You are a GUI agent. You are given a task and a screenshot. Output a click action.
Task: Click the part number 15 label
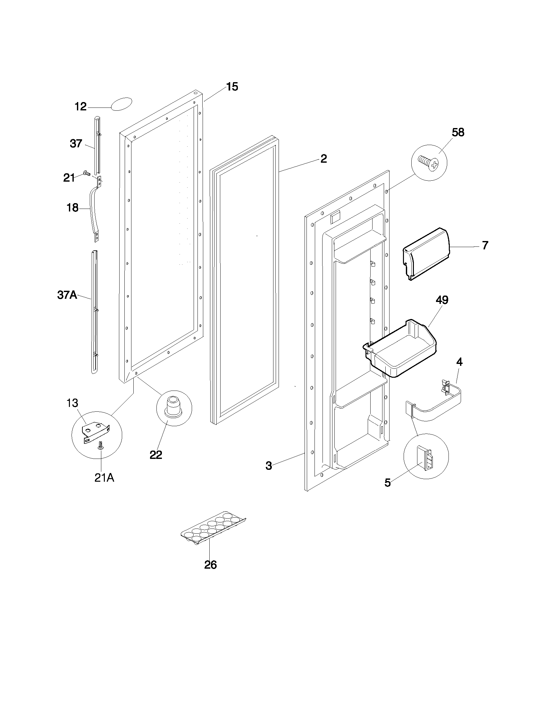(232, 87)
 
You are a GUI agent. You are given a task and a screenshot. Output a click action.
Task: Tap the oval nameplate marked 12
(122, 104)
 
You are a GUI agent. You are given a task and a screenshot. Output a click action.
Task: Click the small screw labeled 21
(87, 174)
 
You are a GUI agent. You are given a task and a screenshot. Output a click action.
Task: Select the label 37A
(67, 295)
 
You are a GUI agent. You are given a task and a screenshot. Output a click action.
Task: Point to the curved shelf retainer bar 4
(436, 406)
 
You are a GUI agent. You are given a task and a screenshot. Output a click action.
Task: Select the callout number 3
(269, 466)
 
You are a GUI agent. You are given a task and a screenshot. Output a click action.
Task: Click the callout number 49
(442, 300)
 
